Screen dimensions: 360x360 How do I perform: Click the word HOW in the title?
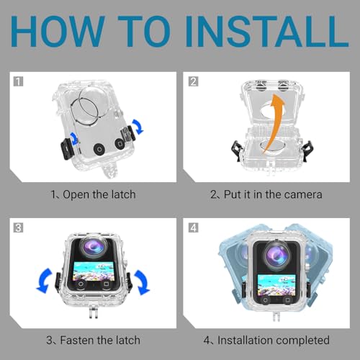pyautogui.click(x=58, y=32)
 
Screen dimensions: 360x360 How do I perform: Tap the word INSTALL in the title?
pyautogui.click(x=266, y=32)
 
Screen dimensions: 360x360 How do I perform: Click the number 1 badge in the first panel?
pyautogui.click(x=19, y=81)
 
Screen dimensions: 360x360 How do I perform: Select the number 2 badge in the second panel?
pyautogui.click(x=193, y=81)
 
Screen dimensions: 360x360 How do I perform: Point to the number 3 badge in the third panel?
pyautogui.click(x=19, y=228)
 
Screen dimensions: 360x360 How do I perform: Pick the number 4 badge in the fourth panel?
pyautogui.click(x=193, y=228)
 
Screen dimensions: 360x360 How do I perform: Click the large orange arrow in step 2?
pyautogui.click(x=274, y=122)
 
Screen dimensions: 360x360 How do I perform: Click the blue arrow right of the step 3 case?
pyautogui.click(x=142, y=282)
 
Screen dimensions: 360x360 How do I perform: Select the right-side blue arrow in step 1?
pyautogui.click(x=138, y=126)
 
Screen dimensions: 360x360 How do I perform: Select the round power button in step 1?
pyautogui.click(x=99, y=150)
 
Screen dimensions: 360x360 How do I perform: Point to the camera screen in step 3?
pyautogui.click(x=93, y=271)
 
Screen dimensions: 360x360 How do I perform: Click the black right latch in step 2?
pyautogui.click(x=308, y=150)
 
